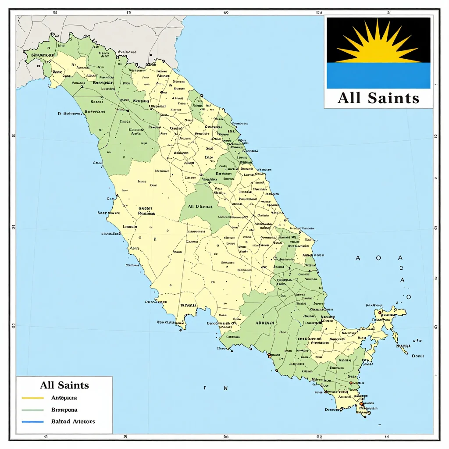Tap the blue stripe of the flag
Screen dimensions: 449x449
378,75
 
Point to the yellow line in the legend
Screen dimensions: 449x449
32,398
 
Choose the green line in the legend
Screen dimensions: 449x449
32,410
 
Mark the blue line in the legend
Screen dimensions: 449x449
32,421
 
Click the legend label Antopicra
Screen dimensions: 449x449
64,398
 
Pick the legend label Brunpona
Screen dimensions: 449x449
64,410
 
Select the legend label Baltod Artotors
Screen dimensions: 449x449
73,421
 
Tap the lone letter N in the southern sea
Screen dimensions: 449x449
225,388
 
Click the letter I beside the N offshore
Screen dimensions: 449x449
205,388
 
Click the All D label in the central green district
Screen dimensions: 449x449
200,206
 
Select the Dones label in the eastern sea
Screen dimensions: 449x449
418,356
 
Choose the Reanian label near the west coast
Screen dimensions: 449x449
146,214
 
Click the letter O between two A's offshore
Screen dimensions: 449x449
379,258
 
